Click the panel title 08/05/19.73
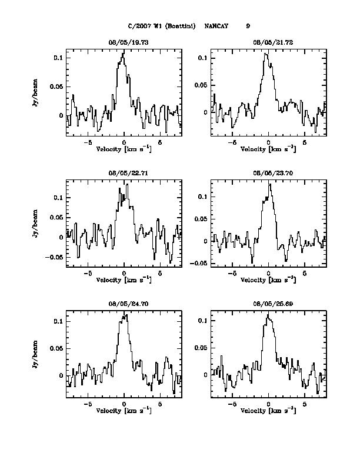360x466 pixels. coord(124,43)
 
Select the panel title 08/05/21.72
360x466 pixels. coord(268,43)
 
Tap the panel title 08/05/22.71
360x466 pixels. coord(124,174)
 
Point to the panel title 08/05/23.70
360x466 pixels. coord(268,174)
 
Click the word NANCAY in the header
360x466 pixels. coord(216,26)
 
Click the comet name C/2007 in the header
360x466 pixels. coord(139,26)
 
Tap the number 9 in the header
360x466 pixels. coord(248,26)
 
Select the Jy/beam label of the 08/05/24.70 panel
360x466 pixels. coord(36,355)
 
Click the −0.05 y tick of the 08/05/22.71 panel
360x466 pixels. coord(55,257)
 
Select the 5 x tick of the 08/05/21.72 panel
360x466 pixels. coord(305,142)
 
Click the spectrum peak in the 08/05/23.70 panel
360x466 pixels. coord(269,184)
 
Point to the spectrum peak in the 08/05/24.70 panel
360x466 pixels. coord(125,315)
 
